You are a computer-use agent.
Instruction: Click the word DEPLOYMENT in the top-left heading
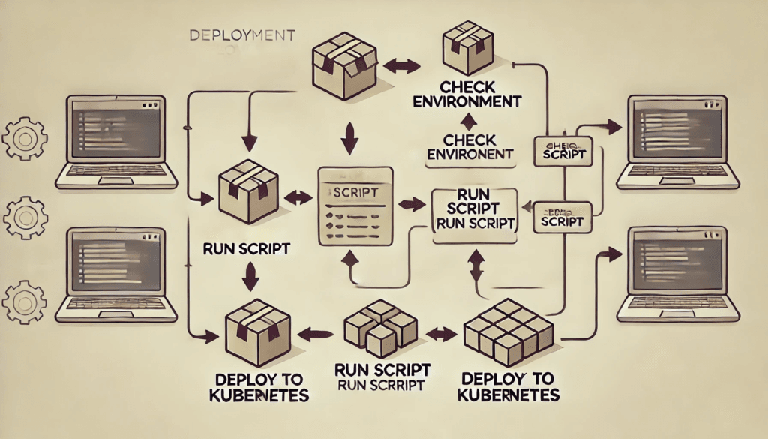[x=241, y=35]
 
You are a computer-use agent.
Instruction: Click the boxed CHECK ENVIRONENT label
[x=469, y=147]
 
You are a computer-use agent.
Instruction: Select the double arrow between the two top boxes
[x=404, y=68]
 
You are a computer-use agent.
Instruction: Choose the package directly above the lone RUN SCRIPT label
[x=248, y=191]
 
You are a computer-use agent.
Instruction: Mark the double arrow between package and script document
[x=298, y=199]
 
